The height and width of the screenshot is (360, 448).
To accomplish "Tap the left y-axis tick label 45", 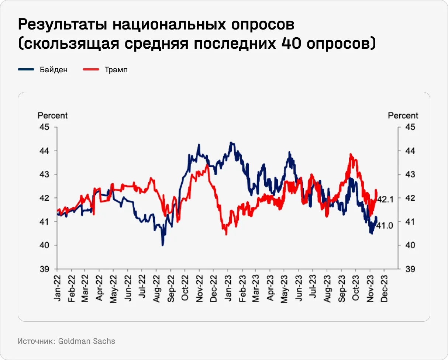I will click(x=44, y=127).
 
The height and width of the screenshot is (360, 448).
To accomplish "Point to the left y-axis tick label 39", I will click(x=44, y=269).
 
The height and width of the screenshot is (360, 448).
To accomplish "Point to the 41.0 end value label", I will click(x=384, y=225).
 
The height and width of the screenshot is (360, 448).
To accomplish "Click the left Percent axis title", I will click(x=53, y=115).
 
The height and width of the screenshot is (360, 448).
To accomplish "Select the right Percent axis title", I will click(x=403, y=115).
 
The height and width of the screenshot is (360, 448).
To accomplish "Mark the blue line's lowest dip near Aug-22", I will click(x=162, y=245).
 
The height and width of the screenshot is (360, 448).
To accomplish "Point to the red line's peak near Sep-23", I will click(x=350, y=154).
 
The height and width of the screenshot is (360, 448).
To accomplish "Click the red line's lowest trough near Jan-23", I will click(x=226, y=234).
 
